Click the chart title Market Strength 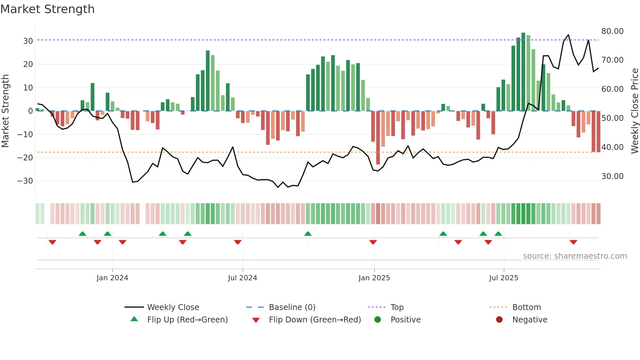point(47,9)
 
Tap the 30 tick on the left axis point(28,41)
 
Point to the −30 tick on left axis point(25,181)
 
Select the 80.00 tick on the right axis point(612,31)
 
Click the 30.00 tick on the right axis point(612,176)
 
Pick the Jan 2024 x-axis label point(112,278)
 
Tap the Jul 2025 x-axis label point(504,278)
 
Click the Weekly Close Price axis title point(634,111)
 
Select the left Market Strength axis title point(5,111)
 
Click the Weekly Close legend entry point(173,307)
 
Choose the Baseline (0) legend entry point(292,307)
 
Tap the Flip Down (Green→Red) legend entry point(314,320)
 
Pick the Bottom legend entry point(526,307)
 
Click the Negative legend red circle point(499,320)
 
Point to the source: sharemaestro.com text point(575,256)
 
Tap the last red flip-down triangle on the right point(573,242)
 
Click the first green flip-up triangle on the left point(83,234)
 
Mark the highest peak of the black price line point(568,35)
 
